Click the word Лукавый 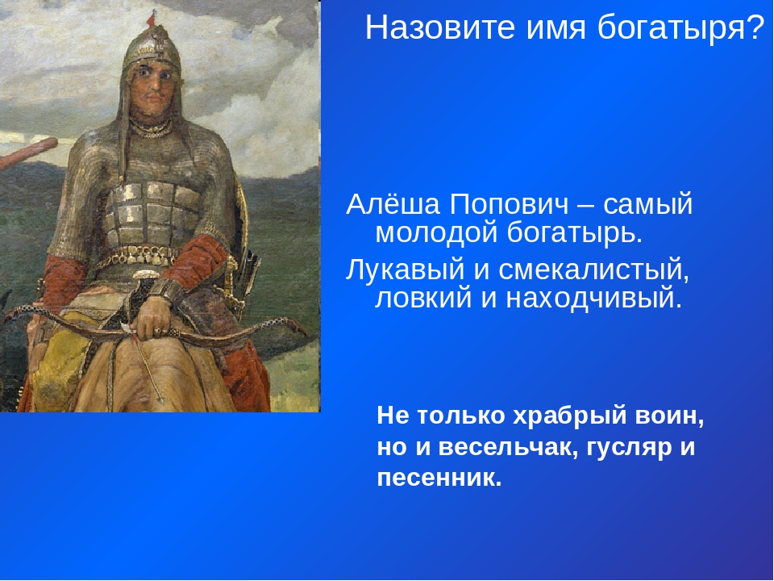coord(406,271)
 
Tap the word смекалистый coord(593,271)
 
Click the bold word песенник coord(439,479)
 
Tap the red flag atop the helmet coord(151,19)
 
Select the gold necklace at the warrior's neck coord(152,127)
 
